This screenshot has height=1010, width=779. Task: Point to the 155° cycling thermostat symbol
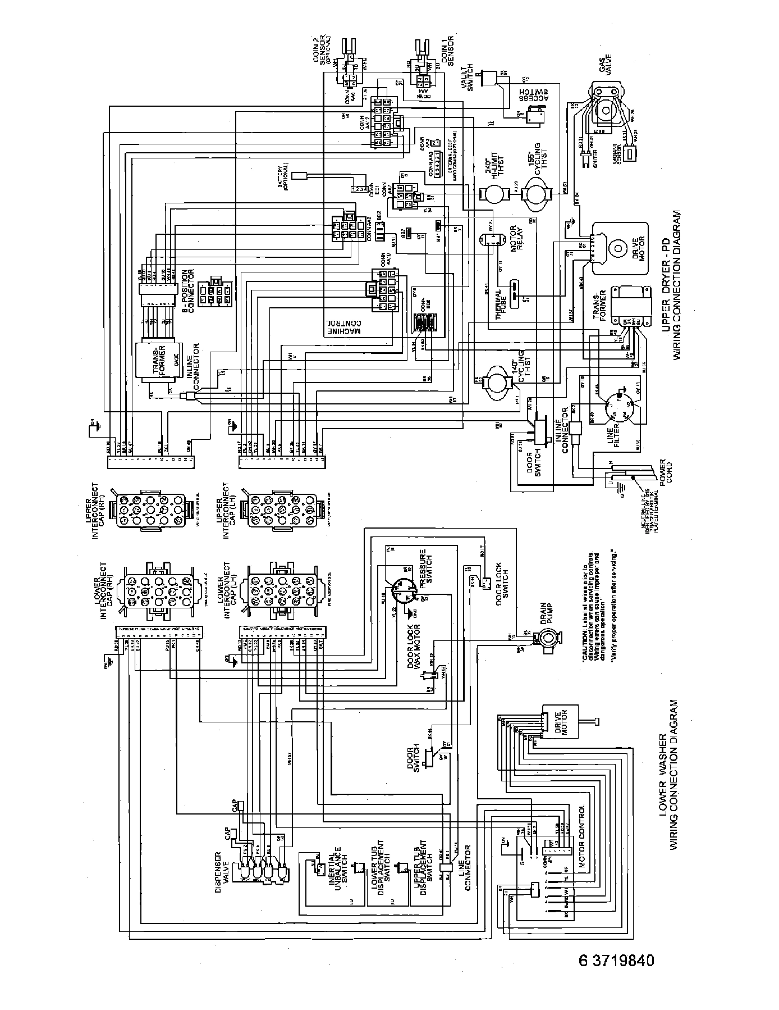coord(531,194)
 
